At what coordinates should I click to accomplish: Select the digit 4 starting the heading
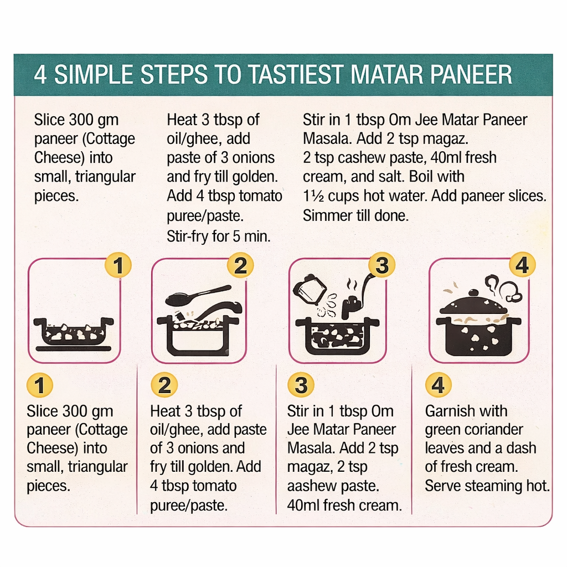[x=40, y=75]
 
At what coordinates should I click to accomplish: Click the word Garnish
[x=450, y=411]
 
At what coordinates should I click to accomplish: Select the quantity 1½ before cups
[x=313, y=197]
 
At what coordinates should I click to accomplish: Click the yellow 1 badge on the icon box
[x=118, y=266]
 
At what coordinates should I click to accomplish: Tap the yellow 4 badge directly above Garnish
[x=438, y=385]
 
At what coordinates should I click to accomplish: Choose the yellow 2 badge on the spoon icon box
[x=240, y=266]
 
